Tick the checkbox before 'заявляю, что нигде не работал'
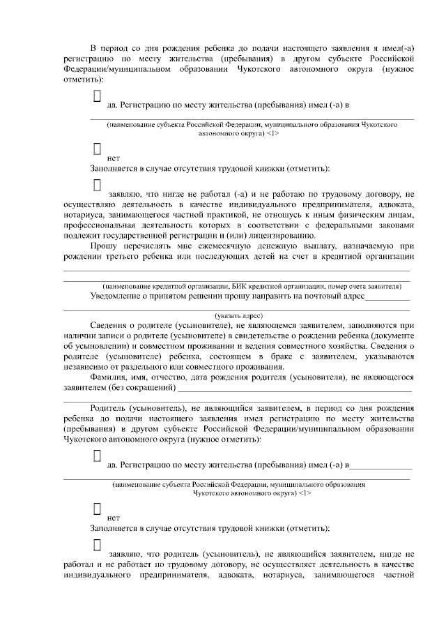coord(97,186)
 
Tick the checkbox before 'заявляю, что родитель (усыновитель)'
coord(97,544)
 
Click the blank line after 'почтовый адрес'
coord(387,299)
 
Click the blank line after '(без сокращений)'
coord(293,390)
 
